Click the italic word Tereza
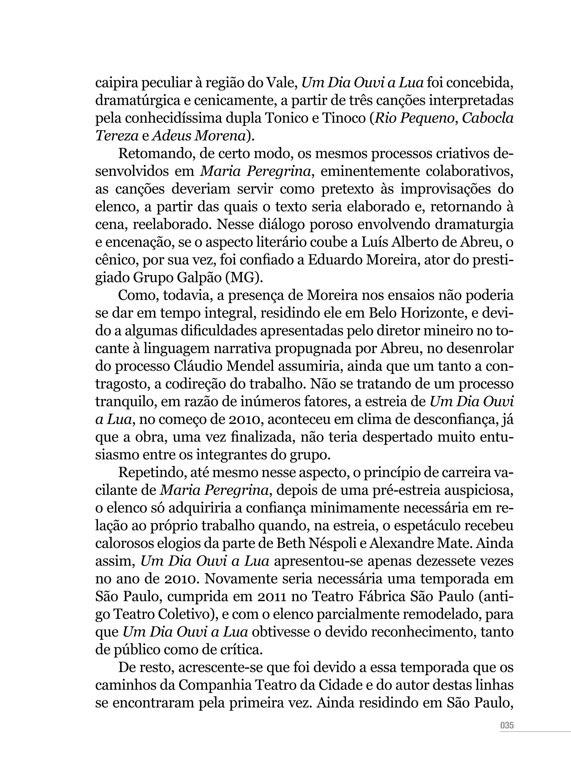(116, 136)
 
